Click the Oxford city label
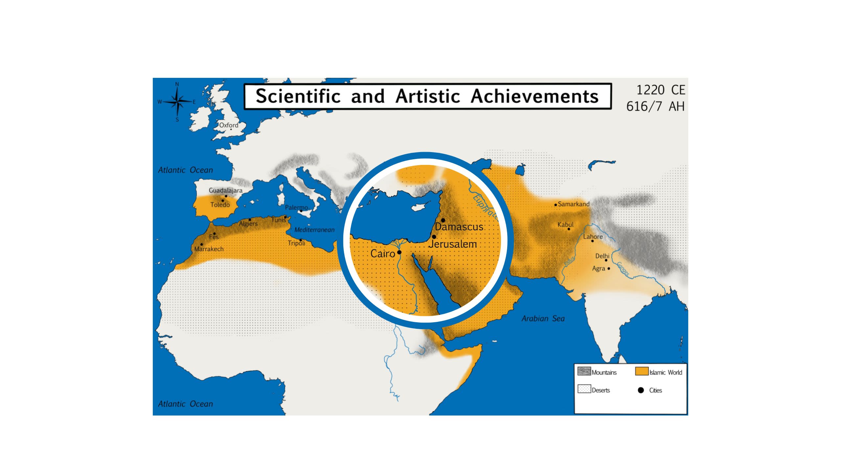229,125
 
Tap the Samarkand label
574,204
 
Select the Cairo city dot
399,252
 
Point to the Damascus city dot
443,220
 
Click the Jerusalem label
453,244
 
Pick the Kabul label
565,225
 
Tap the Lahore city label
593,236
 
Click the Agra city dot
609,268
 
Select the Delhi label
602,256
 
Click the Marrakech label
209,249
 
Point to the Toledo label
220,205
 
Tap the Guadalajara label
226,190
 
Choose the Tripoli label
296,243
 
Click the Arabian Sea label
543,318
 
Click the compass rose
177,102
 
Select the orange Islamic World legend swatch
641,371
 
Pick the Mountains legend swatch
584,371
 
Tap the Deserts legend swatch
584,389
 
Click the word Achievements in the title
534,96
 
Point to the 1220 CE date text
661,90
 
